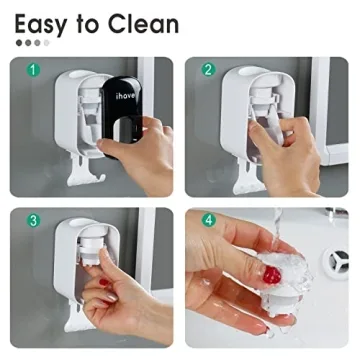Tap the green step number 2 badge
(208, 72)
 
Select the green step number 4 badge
(208, 220)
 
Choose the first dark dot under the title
(18, 43)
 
